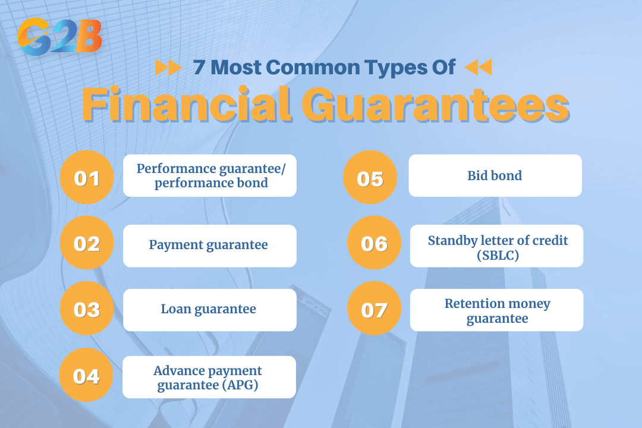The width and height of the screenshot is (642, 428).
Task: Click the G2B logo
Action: coord(60,36)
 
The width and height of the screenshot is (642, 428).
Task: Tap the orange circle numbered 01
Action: coord(87,177)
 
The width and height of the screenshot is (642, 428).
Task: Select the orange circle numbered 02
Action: coord(87,243)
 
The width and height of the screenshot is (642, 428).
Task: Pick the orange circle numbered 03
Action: coord(87,309)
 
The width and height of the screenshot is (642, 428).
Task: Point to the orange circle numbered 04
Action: coord(86,375)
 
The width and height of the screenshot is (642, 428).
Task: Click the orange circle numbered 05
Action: coord(370,177)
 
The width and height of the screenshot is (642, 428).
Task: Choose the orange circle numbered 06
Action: coord(374,243)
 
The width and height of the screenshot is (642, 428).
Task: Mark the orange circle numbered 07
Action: coord(374,309)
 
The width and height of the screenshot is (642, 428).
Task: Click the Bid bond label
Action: coord(495,176)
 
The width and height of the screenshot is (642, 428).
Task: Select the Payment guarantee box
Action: coord(210,246)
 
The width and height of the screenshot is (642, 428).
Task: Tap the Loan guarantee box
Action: coord(210,310)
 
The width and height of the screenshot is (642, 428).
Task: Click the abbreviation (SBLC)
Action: coord(498,255)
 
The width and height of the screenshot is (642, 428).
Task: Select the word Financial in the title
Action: coord(187,104)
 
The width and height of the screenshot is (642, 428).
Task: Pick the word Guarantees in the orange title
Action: coord(436,104)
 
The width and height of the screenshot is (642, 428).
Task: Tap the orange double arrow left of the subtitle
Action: coord(168,67)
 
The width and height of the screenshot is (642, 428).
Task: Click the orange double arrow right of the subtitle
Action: coord(478,67)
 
